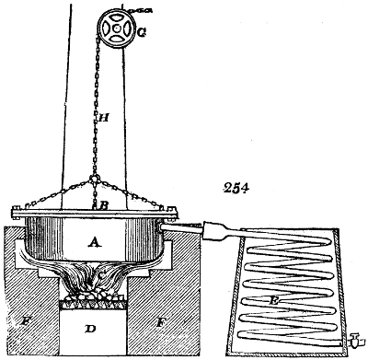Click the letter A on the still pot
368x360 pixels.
[95, 243]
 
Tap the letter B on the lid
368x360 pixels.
[103, 205]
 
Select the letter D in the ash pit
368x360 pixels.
[90, 329]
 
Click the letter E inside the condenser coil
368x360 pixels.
[272, 301]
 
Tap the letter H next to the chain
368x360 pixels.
[104, 117]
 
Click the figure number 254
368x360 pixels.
[236, 188]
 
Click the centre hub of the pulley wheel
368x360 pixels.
[117, 29]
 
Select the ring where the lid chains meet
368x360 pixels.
[95, 179]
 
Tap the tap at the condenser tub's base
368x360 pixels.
[355, 340]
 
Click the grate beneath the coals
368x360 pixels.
[93, 304]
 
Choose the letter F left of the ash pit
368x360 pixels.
[25, 322]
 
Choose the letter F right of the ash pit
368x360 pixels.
[159, 322]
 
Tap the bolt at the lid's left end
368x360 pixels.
[16, 213]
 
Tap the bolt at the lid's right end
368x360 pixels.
[173, 213]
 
